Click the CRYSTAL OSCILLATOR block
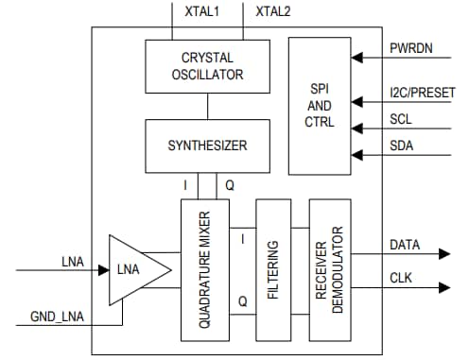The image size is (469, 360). [206, 66]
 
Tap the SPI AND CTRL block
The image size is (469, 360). [320, 106]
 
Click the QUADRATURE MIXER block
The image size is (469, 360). [205, 270]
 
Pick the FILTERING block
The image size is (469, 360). [273, 270]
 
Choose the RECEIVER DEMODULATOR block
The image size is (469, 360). [329, 270]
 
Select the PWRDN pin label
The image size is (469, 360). [411, 48]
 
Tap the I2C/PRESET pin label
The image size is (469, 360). [422, 93]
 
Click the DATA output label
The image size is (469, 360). [406, 245]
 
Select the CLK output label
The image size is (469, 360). [402, 278]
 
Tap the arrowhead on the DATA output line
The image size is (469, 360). [443, 254]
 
